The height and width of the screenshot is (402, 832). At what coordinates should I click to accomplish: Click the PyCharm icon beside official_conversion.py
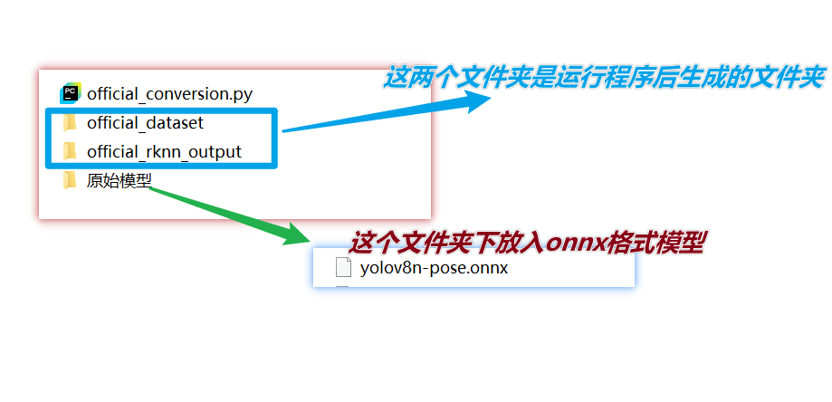coord(71,92)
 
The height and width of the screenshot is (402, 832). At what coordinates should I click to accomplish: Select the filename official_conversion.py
coord(169,93)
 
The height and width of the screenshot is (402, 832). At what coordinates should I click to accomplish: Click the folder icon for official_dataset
coord(70,122)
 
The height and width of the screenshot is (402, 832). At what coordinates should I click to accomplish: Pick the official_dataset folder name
coord(151,122)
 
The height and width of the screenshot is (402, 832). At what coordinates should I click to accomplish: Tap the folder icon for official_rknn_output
coord(70,151)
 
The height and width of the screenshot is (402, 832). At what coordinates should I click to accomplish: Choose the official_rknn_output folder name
coord(164,151)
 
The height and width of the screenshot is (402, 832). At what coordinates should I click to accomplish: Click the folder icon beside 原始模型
coord(70,180)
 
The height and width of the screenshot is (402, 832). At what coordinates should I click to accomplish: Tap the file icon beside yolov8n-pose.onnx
coord(343,267)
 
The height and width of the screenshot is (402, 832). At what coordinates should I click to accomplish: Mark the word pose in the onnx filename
coord(444,267)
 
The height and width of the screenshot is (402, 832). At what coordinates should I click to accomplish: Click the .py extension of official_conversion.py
coord(242,93)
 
